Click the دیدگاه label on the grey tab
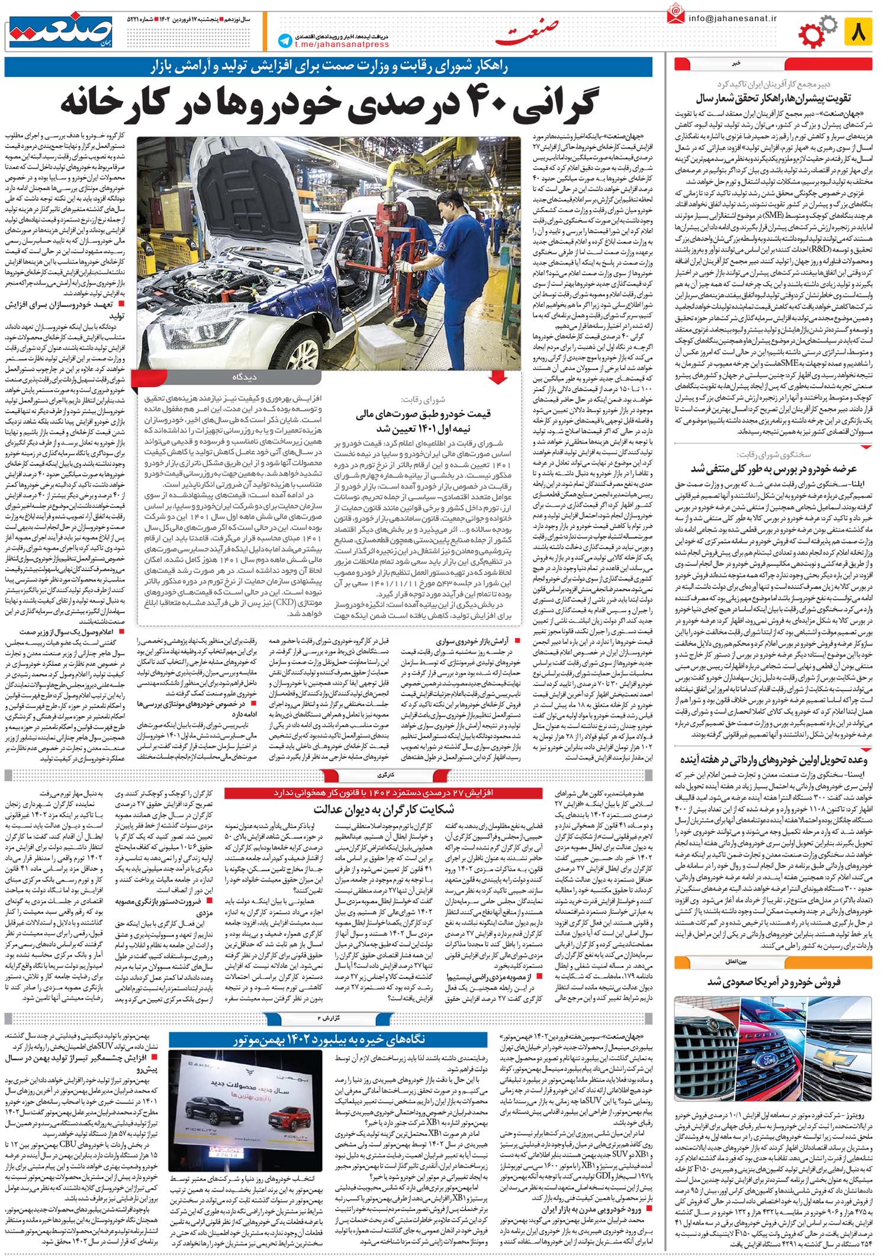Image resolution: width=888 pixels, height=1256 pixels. (243, 376)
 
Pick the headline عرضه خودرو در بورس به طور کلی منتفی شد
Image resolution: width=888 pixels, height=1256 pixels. (774, 468)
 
